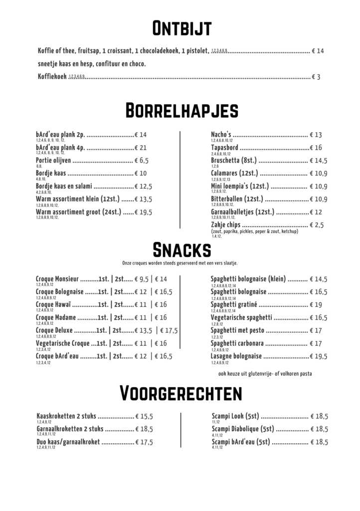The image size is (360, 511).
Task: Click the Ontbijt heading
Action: [182, 28]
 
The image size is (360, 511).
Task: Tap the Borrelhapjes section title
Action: [181, 110]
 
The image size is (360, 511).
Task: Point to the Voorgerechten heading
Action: [181, 393]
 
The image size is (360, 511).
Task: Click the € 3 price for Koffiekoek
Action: [316, 77]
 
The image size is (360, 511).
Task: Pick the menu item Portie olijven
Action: [53, 161]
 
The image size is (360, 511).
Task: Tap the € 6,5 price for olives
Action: [142, 161]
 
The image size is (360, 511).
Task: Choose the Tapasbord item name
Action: [224, 148]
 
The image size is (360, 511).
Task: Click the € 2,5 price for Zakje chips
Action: [317, 225]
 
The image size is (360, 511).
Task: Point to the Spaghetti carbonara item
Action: [237, 343]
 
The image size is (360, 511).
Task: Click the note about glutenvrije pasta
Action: [265, 374]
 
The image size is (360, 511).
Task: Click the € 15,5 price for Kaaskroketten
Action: [144, 416]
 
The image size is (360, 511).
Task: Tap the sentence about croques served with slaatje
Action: [180, 263]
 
